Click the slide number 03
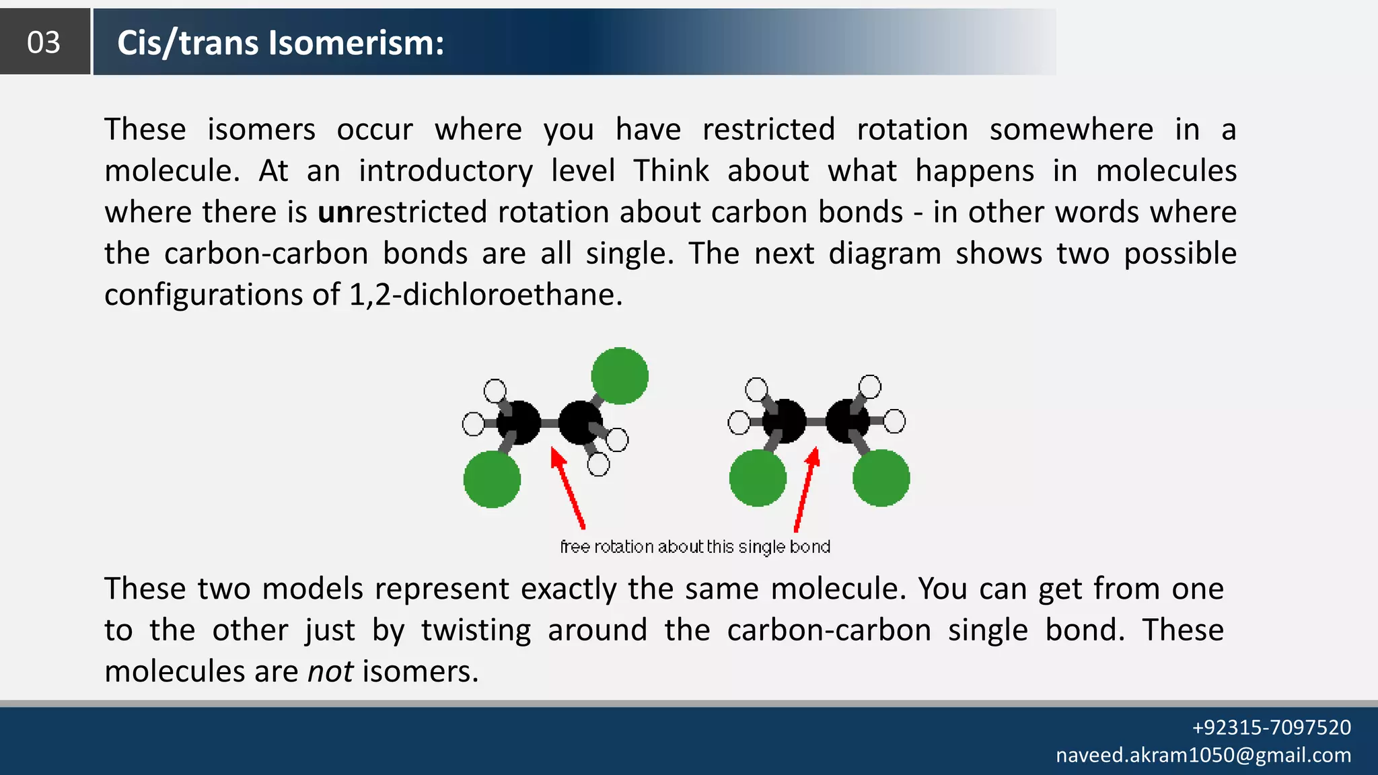[x=44, y=42]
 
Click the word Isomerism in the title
[x=356, y=42]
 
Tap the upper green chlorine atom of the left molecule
[x=620, y=376]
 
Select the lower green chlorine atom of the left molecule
[x=492, y=479]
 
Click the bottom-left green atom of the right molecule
[x=758, y=478]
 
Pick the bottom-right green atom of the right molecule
[x=881, y=478]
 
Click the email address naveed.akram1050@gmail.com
[x=1203, y=755]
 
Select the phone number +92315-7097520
[x=1271, y=727]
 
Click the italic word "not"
[x=330, y=671]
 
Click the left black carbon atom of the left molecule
[x=518, y=422]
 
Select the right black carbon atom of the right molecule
[x=846, y=421]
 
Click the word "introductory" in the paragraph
[x=445, y=171]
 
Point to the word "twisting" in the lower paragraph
[x=476, y=630]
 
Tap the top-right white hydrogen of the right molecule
[x=870, y=387]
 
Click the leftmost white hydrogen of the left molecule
[x=473, y=425]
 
